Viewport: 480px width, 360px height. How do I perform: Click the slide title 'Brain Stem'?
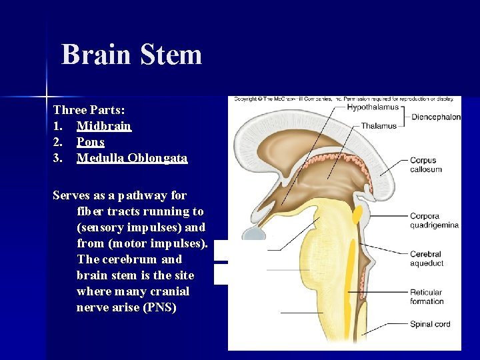tap(131, 54)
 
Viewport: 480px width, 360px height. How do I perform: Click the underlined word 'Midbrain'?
tap(104, 126)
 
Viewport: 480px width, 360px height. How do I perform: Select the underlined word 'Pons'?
tap(91, 142)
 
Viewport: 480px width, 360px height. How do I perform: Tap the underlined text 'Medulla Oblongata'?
tap(132, 158)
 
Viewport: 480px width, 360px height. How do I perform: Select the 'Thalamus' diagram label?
tap(379, 125)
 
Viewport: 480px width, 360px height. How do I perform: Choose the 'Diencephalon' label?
tap(436, 117)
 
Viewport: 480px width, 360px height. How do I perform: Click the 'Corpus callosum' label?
tap(425, 165)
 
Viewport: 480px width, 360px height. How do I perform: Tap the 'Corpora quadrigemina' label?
tap(434, 221)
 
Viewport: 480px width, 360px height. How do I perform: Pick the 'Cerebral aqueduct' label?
tap(426, 259)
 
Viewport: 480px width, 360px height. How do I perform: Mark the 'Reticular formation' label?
tap(427, 297)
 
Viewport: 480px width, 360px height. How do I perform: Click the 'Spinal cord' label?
tap(430, 325)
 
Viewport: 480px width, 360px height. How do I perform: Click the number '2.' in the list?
tap(59, 142)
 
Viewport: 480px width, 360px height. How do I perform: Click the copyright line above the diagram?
tap(344, 99)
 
